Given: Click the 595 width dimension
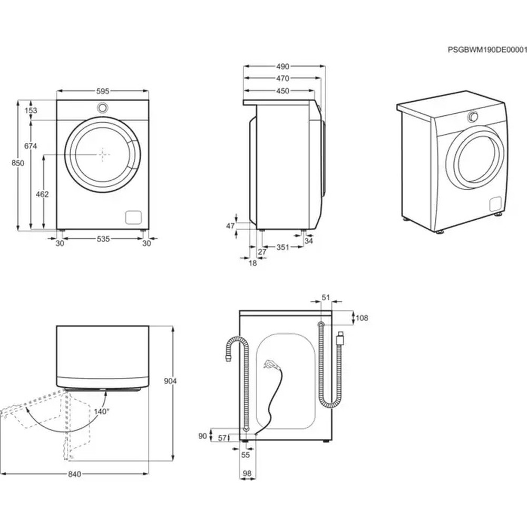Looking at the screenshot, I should pyautogui.click(x=103, y=91).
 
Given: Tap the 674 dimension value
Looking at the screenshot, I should pyautogui.click(x=30, y=147).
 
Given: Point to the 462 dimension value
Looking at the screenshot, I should pyautogui.click(x=42, y=194).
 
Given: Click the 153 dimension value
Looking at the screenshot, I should pyautogui.click(x=31, y=110).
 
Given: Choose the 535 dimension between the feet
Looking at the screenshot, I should pyautogui.click(x=103, y=239).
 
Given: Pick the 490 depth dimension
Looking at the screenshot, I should pyautogui.click(x=282, y=66).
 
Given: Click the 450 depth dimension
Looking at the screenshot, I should pyautogui.click(x=282, y=91).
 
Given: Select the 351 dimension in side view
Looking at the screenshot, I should pyautogui.click(x=283, y=247).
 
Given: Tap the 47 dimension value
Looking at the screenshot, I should pyautogui.click(x=230, y=226).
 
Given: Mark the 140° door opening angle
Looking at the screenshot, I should pyautogui.click(x=102, y=411).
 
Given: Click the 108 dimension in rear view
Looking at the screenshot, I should pyautogui.click(x=362, y=318).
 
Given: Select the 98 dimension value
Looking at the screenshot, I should pyautogui.click(x=247, y=473).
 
